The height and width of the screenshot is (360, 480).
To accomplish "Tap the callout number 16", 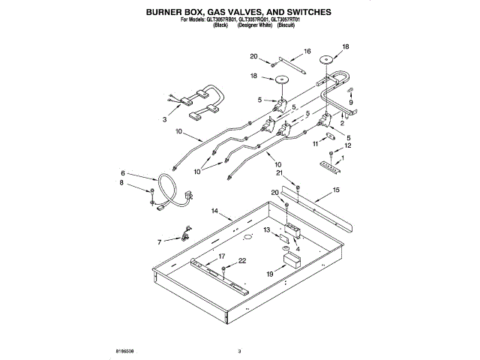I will tap(307, 52).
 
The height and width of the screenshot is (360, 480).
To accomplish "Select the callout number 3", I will tap(165, 119).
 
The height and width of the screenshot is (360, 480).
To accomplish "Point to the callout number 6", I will tap(124, 172).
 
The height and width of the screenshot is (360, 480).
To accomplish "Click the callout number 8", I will tap(124, 182).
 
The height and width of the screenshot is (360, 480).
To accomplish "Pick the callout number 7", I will tap(159, 242).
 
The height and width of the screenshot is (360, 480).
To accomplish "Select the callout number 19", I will tap(270, 274).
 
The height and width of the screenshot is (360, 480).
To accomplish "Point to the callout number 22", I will tap(242, 260).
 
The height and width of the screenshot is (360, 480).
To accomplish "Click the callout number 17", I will tap(221, 256).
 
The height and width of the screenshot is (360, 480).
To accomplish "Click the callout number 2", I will tap(342, 122).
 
